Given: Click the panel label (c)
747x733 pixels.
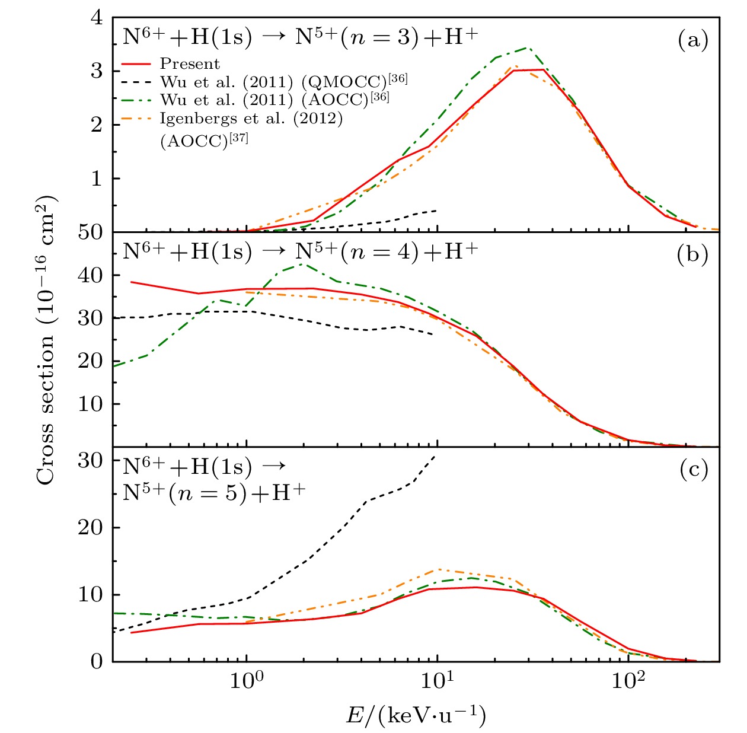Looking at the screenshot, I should click(692, 470).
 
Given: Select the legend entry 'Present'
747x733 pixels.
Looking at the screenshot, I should click(190, 64).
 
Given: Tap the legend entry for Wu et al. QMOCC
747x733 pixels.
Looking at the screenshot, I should click(283, 81).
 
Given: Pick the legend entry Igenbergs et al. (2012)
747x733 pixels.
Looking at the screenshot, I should click(251, 119).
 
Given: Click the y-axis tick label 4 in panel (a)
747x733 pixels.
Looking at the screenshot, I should click(96, 18).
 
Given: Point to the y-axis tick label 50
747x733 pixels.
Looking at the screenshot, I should click(90, 232).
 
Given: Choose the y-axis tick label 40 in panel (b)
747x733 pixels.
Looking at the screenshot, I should click(90, 275).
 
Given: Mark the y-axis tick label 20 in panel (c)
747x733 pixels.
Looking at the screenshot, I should click(90, 527).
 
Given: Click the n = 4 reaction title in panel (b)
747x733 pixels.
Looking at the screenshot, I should click(300, 252).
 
